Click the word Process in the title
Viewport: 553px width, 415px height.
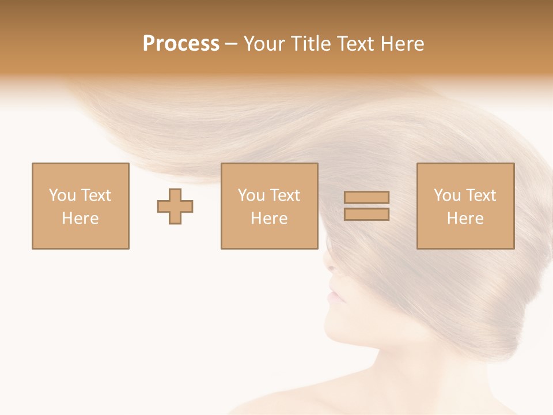point(181,44)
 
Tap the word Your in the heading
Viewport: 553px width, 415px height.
point(264,44)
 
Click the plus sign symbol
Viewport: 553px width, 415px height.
point(175,206)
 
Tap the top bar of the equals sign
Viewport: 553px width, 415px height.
point(366,197)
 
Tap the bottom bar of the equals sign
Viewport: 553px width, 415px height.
point(366,214)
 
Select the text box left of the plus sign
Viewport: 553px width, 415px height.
point(81,206)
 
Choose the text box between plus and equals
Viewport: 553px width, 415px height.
point(269,206)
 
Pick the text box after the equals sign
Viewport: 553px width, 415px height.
point(465,206)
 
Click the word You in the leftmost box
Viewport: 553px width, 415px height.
point(62,195)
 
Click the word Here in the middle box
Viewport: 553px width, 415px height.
point(269,218)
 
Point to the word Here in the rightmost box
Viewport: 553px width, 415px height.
point(465,218)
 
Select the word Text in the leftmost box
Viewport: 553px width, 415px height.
point(96,195)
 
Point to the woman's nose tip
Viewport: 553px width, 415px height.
point(327,267)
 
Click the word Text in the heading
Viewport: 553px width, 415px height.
point(353,44)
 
